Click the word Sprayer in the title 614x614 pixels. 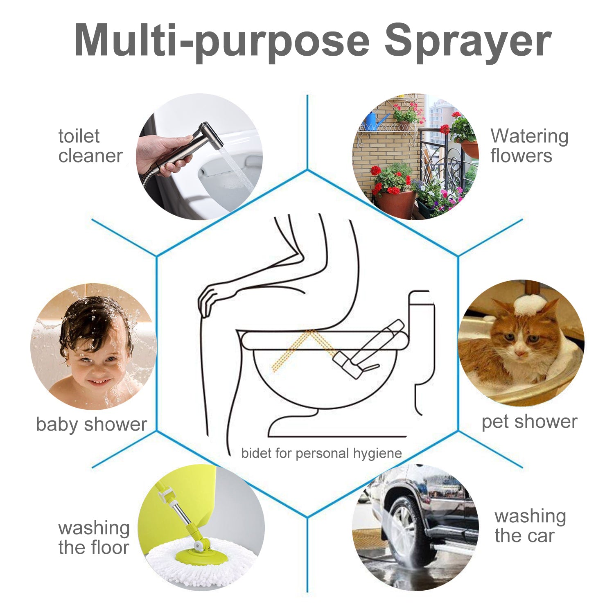(467, 41)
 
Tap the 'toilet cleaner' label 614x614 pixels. (90, 146)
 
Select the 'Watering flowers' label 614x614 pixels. (529, 146)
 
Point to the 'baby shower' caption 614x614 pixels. (91, 424)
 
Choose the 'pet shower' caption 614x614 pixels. (529, 422)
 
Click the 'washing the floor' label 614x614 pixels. (94, 537)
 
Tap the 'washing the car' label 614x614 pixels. (530, 526)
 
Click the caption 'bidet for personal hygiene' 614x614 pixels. (321, 454)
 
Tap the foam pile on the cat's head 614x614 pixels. (530, 305)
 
